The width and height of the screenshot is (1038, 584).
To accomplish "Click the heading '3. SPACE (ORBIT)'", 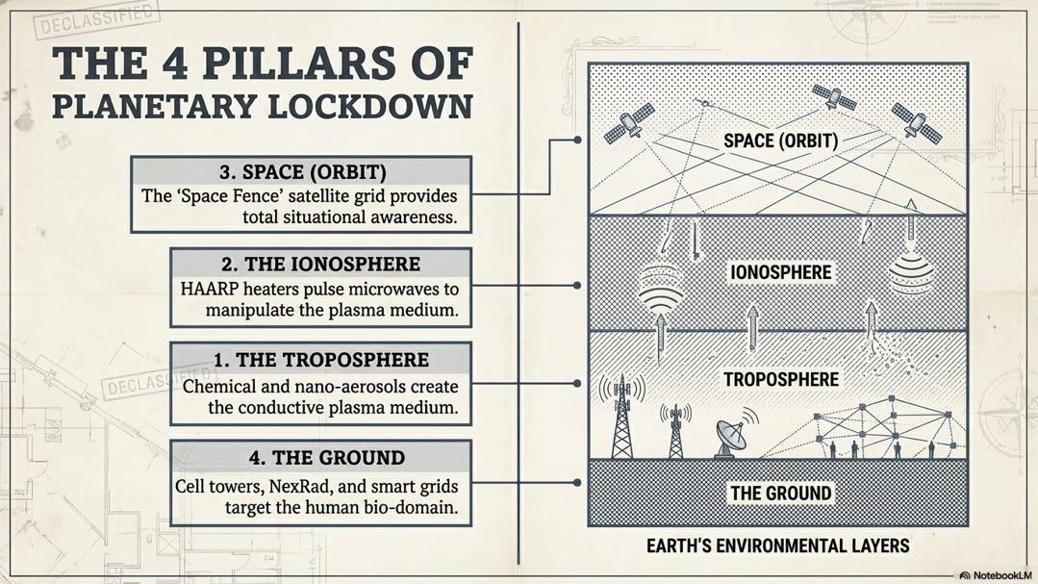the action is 302,172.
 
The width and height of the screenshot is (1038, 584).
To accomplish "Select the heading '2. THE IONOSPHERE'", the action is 320,264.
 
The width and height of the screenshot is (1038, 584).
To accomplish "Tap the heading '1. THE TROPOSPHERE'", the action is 321,360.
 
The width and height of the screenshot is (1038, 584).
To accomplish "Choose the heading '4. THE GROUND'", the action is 321,457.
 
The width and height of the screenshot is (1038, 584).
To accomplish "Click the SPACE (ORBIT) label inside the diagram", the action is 780,141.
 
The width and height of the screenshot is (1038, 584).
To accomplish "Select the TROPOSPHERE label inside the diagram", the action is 780,379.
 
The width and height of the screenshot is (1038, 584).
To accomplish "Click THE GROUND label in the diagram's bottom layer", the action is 780,494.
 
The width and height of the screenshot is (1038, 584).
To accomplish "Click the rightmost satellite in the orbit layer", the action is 915,121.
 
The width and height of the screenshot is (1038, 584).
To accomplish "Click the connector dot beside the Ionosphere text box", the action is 576,286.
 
